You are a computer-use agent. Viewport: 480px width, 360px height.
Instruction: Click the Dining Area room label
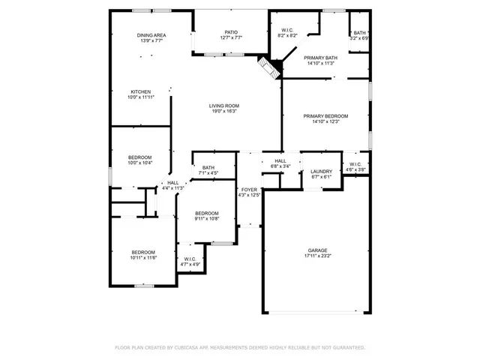pyautogui.click(x=151, y=34)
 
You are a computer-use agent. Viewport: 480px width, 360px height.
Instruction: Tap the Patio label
pyautogui.click(x=231, y=32)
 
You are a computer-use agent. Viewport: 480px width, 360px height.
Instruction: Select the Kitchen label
pyautogui.click(x=141, y=91)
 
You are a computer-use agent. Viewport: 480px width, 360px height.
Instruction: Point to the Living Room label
pyautogui.click(x=223, y=106)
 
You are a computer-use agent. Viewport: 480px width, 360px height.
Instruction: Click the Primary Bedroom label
pyautogui.click(x=325, y=115)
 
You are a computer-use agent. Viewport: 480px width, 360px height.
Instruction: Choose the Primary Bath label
pyautogui.click(x=321, y=58)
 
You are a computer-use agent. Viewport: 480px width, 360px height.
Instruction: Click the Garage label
pyautogui.click(x=318, y=250)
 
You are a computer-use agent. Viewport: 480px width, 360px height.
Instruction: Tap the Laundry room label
pyautogui.click(x=321, y=171)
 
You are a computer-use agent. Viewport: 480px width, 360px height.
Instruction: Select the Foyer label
pyautogui.click(x=248, y=190)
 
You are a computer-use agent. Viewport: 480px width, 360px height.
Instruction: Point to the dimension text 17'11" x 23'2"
pyautogui.click(x=318, y=256)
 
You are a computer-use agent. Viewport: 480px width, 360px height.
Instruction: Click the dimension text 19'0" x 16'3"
pyautogui.click(x=223, y=112)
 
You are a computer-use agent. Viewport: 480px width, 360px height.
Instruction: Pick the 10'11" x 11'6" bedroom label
pyautogui.click(x=143, y=252)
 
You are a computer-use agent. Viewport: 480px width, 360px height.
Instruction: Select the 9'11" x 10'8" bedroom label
pyautogui.click(x=207, y=213)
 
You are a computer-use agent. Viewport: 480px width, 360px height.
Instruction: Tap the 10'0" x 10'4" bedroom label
pyautogui.click(x=140, y=157)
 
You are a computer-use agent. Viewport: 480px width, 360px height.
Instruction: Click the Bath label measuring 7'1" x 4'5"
pyautogui.click(x=208, y=168)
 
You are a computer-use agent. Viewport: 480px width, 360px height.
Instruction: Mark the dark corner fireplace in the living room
pyautogui.click(x=268, y=67)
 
